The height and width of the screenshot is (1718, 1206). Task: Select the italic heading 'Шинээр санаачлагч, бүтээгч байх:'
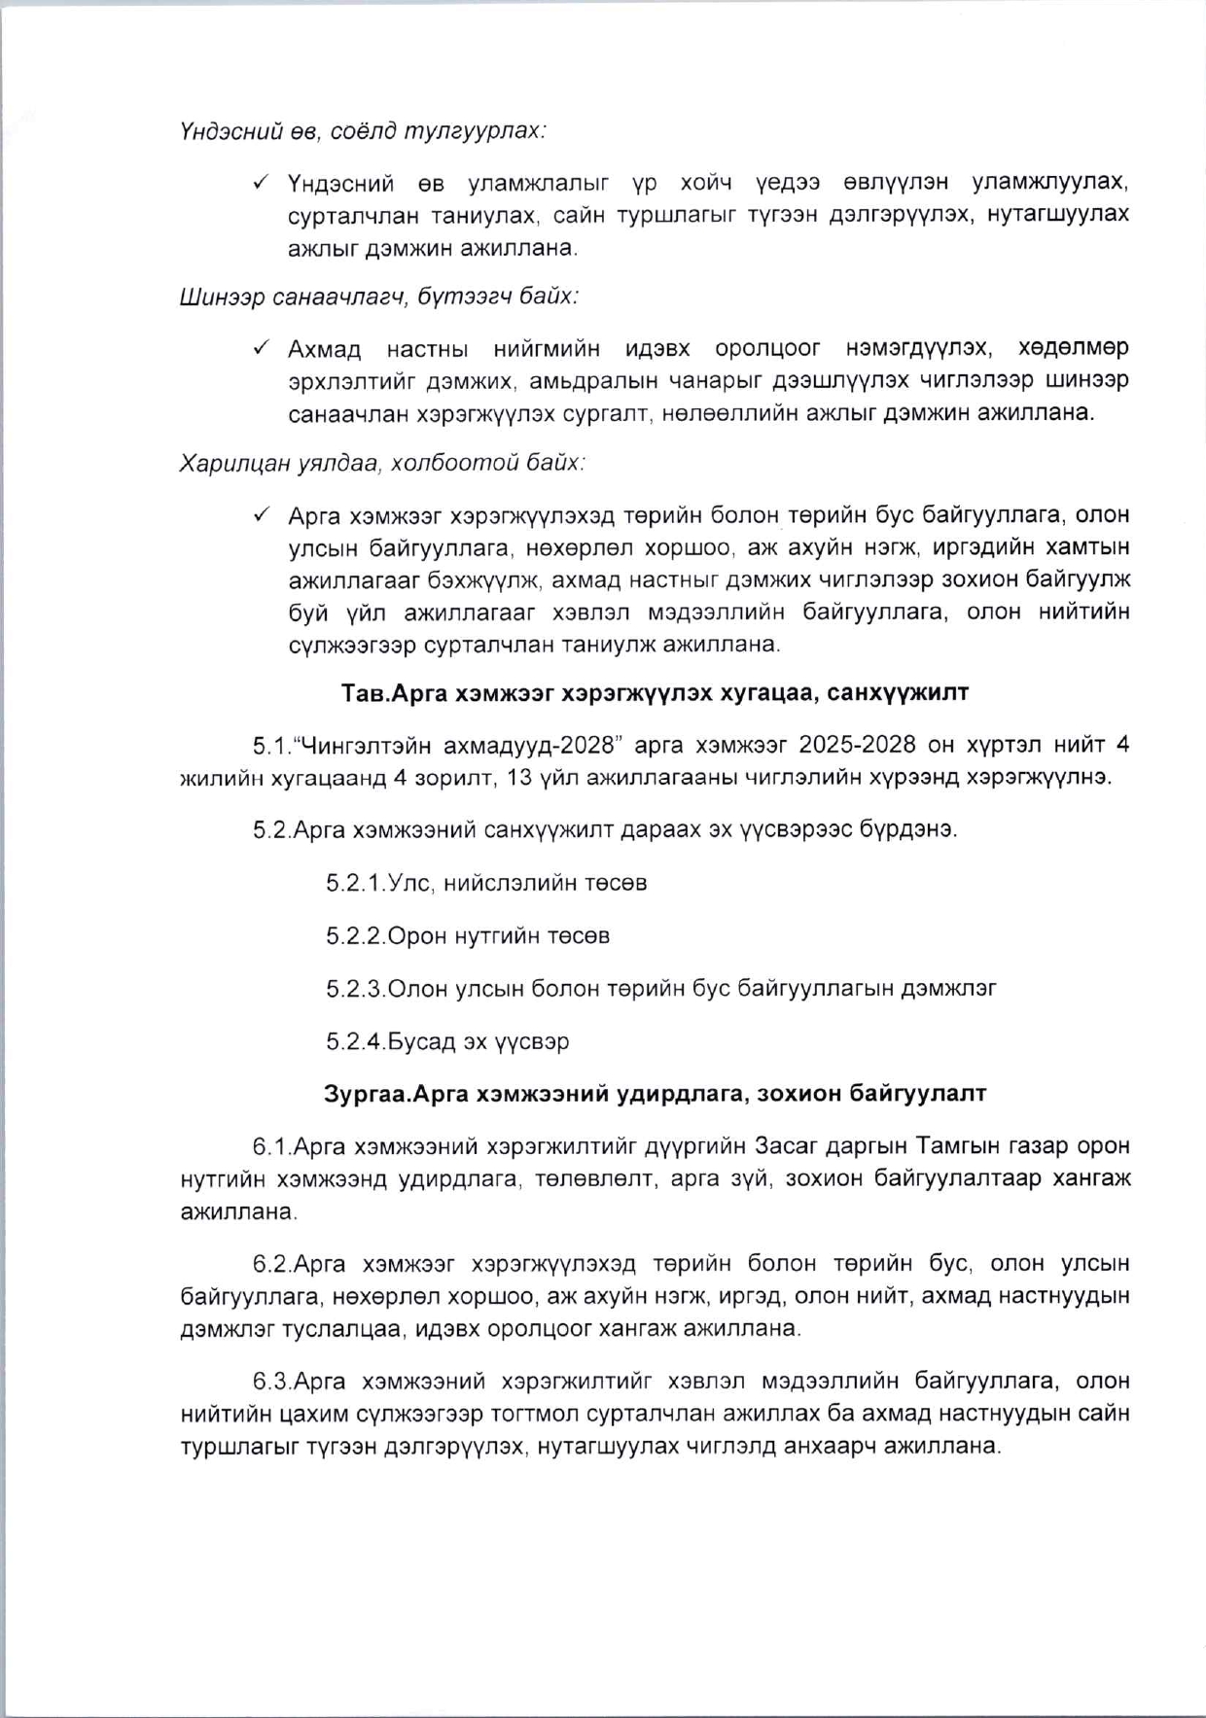[379, 297]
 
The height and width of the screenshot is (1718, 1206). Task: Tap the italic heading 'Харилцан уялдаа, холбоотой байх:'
[382, 463]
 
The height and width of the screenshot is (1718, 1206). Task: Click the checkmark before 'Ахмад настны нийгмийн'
[261, 347]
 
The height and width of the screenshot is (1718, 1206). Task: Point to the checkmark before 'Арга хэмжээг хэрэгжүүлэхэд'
[261, 513]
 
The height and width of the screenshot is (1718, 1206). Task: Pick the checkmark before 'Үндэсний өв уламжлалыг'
[261, 182]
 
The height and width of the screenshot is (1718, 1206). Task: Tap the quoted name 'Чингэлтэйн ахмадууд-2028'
[460, 745]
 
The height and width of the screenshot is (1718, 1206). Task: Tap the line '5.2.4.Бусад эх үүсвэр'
[447, 1041]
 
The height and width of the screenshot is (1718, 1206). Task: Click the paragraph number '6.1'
[270, 1146]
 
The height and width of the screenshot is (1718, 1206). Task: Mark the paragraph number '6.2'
[270, 1264]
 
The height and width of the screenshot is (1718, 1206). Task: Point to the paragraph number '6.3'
[270, 1382]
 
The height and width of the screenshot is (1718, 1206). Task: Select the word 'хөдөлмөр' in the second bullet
[1073, 347]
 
